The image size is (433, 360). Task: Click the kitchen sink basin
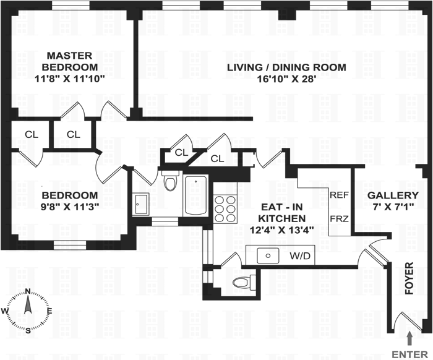click(x=268, y=254)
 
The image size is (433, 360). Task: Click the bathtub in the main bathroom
click(x=196, y=195)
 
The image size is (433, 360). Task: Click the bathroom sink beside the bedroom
click(x=140, y=203)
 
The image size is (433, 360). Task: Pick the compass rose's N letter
click(x=28, y=292)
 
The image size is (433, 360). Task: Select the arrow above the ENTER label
click(x=409, y=337)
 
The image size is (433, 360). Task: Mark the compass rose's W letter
click(x=6, y=311)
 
